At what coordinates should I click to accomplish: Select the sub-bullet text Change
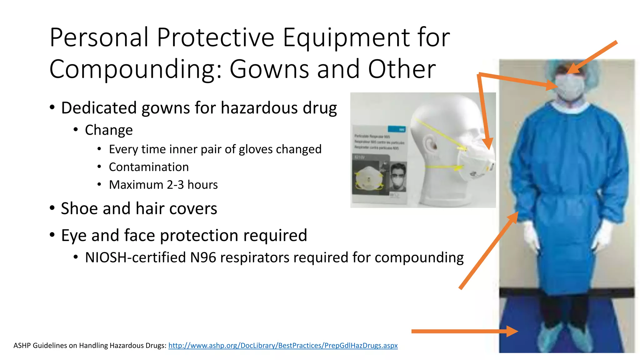click(x=109, y=130)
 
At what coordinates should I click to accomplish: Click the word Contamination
click(x=149, y=167)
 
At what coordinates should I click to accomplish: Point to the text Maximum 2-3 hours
click(x=163, y=185)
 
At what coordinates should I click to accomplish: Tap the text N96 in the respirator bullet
click(x=203, y=257)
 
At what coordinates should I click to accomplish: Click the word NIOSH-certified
click(x=135, y=257)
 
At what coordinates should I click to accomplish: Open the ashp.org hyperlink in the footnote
click(x=283, y=345)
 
